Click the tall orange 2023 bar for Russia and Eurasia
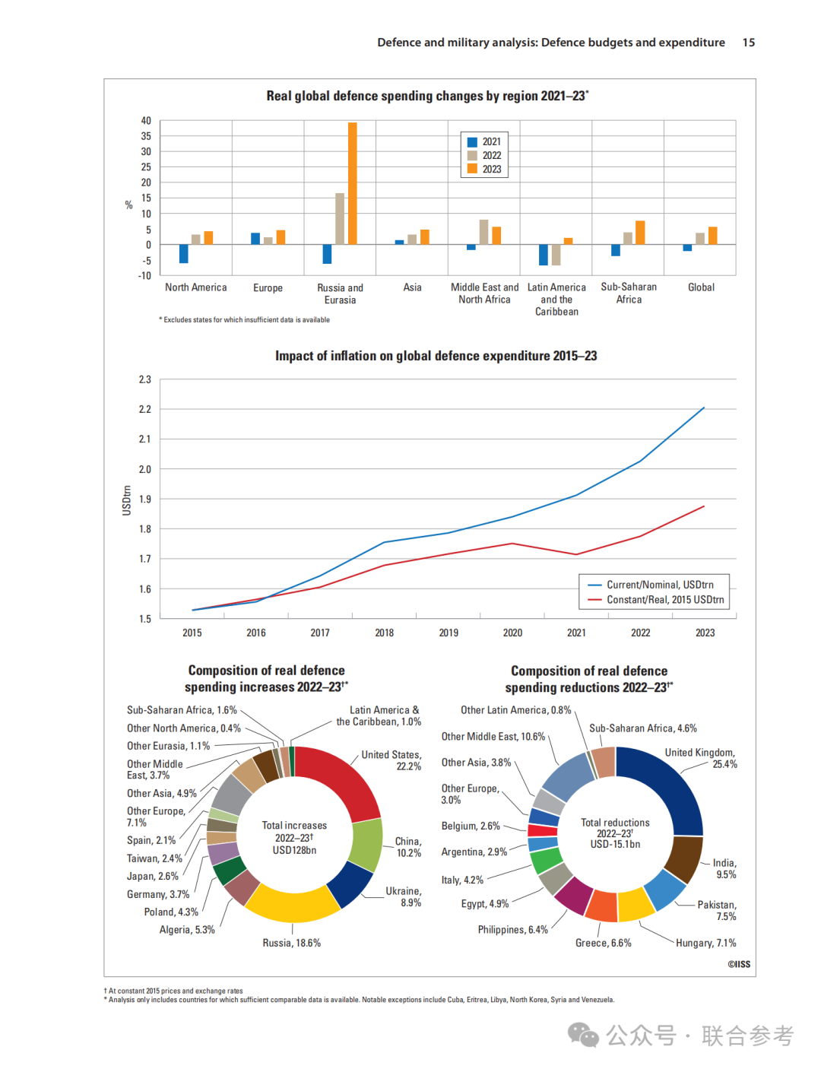[353, 183]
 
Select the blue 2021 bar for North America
[183, 254]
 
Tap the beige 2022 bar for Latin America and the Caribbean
[556, 255]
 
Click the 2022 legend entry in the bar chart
[484, 155]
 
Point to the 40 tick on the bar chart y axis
[146, 121]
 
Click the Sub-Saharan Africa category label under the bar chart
[628, 293]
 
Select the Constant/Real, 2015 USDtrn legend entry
[656, 600]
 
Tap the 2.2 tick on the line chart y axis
[144, 409]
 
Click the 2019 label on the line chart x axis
[449, 633]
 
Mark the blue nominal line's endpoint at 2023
[704, 408]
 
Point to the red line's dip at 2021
[576, 554]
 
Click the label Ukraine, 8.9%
[403, 897]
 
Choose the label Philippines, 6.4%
[513, 929]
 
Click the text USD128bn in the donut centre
[294, 850]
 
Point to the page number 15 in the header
[748, 43]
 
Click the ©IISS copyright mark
[739, 964]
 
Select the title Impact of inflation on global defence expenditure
[436, 356]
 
